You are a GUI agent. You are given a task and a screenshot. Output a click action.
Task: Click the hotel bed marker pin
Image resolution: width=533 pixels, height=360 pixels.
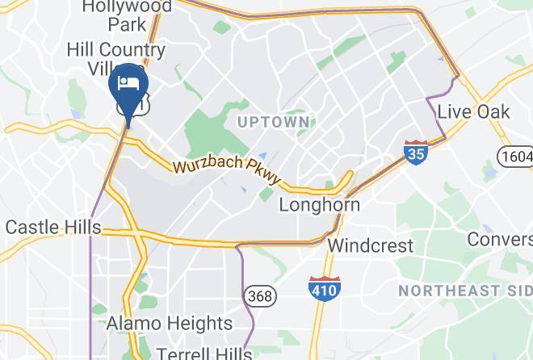tap(128, 85)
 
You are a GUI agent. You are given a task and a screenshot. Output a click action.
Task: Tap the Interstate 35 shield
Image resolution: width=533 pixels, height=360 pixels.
tap(416, 152)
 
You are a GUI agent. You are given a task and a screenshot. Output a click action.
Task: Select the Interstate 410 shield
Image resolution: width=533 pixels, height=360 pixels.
tap(324, 287)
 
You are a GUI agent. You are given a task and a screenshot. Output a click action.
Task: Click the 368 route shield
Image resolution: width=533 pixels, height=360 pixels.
tap(260, 296)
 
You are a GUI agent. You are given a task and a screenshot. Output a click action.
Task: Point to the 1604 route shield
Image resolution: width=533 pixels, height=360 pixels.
tap(515, 156)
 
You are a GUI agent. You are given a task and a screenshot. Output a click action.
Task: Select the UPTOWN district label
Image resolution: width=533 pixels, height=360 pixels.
tap(274, 122)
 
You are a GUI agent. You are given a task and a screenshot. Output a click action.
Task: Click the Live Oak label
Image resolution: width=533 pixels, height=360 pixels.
tap(473, 111)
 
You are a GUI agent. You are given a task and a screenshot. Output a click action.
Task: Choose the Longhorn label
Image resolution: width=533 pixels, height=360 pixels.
tap(319, 205)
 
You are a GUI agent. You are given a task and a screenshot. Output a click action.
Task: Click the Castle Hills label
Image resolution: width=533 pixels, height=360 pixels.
tap(52, 227)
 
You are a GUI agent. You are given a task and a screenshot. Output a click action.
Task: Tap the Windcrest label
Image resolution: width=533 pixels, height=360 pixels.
tap(371, 245)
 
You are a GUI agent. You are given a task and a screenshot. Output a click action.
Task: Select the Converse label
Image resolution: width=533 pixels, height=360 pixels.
tap(500, 240)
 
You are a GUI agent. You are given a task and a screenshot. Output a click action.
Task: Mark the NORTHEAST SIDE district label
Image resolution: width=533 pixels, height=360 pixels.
tap(465, 290)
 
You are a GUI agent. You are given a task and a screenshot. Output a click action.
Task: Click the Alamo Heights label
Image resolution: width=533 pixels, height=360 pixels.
tap(170, 324)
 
